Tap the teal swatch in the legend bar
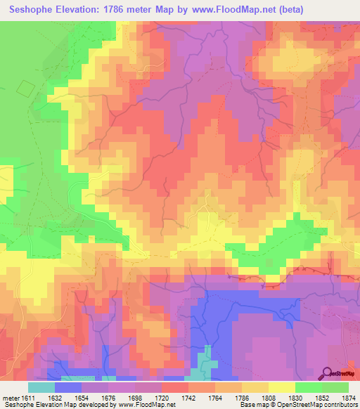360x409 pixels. (x=41, y=387)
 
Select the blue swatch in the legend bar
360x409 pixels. (x=68, y=387)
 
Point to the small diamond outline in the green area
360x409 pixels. (x=25, y=89)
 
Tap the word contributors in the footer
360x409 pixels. (x=339, y=405)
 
